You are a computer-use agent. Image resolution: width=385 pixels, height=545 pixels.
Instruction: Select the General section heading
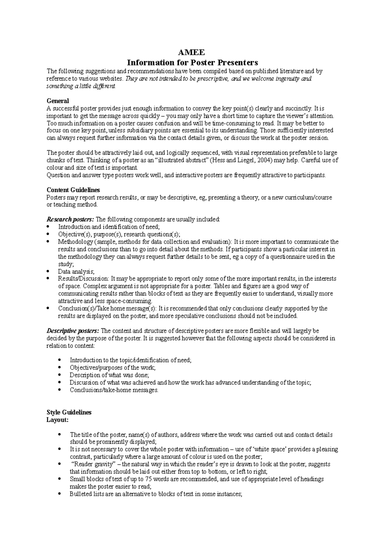[x=58, y=101]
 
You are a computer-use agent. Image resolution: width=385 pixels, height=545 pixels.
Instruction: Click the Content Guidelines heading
[x=73, y=190]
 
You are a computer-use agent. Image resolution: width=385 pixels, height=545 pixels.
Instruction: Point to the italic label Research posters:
[x=71, y=220]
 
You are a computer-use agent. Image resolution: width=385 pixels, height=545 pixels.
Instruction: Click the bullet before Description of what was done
[x=60, y=375]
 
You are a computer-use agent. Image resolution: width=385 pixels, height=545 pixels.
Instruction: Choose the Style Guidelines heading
[x=69, y=412]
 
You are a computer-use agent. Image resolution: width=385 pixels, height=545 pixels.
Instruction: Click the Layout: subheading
[x=57, y=420]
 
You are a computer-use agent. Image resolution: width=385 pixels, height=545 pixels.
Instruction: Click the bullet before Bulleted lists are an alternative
[x=60, y=494]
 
